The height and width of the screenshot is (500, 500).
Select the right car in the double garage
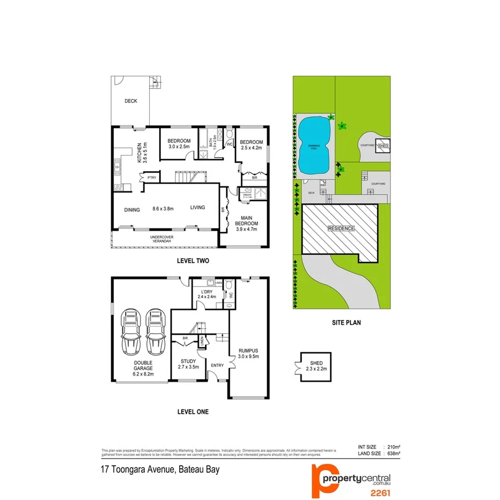156,332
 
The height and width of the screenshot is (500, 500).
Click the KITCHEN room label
140,153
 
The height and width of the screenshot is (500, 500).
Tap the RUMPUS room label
248,351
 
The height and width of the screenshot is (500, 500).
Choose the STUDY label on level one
188,364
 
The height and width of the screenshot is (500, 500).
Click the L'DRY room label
207,293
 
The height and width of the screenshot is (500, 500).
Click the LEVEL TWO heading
193,261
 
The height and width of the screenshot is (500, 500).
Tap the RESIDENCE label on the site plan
341,229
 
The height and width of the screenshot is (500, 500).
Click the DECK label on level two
130,100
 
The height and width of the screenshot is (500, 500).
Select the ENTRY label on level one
217,365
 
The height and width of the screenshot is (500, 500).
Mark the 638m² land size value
393,454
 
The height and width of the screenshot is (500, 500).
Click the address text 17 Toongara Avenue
139,470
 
